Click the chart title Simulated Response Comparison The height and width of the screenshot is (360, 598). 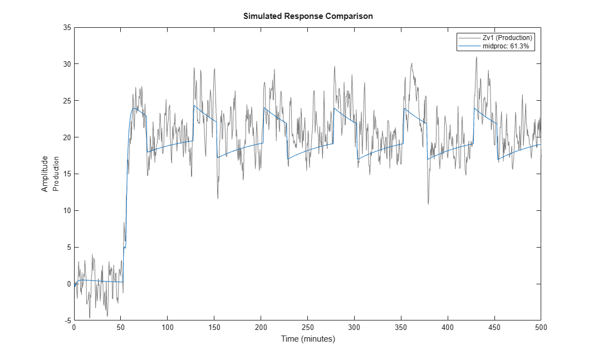point(308,16)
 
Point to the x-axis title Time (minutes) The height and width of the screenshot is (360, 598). point(308,339)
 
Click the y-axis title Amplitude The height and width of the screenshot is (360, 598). point(45,174)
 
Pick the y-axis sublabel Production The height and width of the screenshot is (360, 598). point(56,174)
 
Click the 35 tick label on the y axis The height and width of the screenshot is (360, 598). point(67,27)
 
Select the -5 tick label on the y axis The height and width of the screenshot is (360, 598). point(67,320)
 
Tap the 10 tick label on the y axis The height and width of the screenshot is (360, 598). point(67,211)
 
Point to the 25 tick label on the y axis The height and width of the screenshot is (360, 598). point(67,101)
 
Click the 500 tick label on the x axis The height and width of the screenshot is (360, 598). point(541,327)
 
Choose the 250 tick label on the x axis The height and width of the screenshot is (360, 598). point(308,327)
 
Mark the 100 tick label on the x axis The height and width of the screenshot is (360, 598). point(168,327)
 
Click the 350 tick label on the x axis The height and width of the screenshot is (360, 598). point(401,327)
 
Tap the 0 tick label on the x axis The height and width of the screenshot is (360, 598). point(75,327)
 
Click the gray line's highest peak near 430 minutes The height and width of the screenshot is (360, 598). point(477,57)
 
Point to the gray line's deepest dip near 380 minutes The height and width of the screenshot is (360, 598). point(428,204)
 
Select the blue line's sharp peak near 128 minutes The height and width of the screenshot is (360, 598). point(194,106)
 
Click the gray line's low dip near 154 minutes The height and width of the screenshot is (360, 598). point(218,199)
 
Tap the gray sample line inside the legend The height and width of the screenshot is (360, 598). point(469,38)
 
